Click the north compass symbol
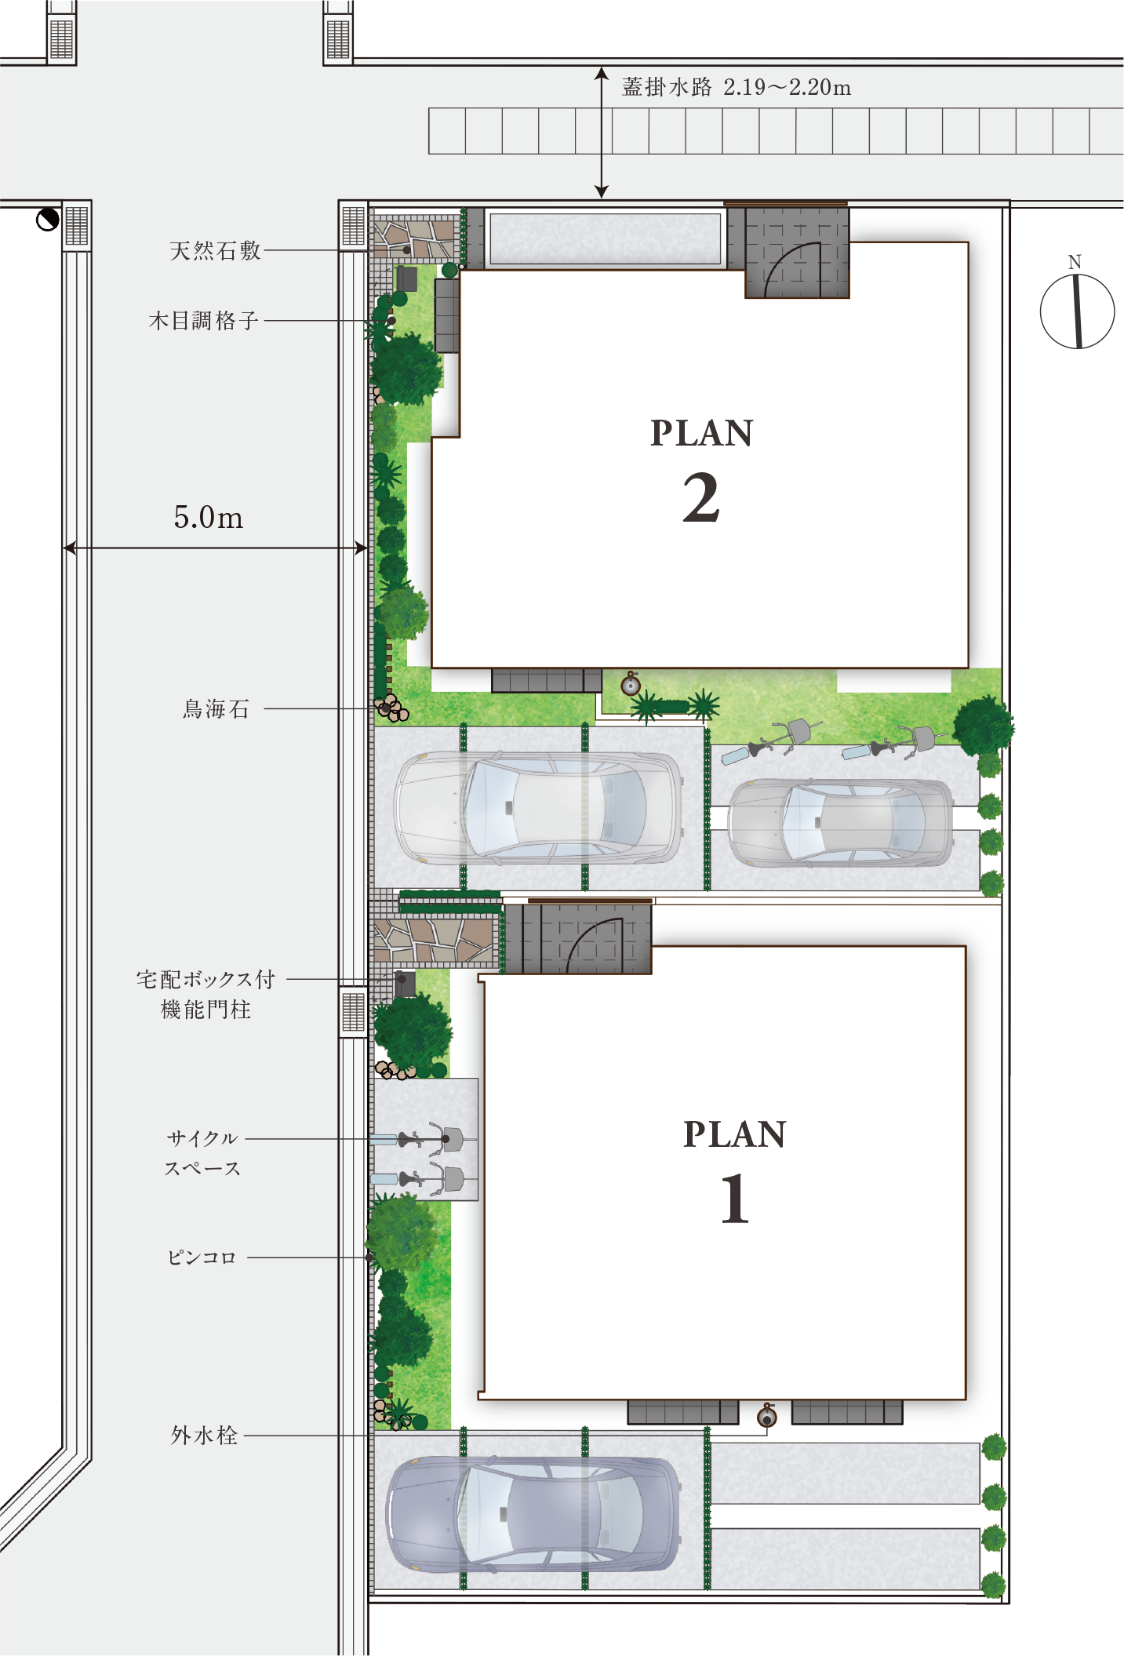click(x=1077, y=310)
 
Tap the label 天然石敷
click(x=215, y=251)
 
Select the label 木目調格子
click(x=204, y=321)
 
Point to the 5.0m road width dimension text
click(x=209, y=518)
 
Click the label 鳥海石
click(x=216, y=709)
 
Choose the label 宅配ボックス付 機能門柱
click(x=206, y=994)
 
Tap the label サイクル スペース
click(x=202, y=1153)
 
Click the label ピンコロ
click(x=202, y=1257)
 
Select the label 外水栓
click(x=204, y=1436)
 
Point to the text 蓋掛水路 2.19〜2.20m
click(x=737, y=87)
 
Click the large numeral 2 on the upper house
click(x=701, y=498)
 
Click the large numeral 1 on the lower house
click(x=735, y=1199)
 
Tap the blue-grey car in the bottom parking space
click(x=534, y=1515)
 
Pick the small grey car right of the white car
click(x=842, y=823)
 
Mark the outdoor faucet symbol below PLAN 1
click(x=767, y=1417)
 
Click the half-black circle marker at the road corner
click(x=48, y=220)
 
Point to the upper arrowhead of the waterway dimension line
click(x=602, y=73)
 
